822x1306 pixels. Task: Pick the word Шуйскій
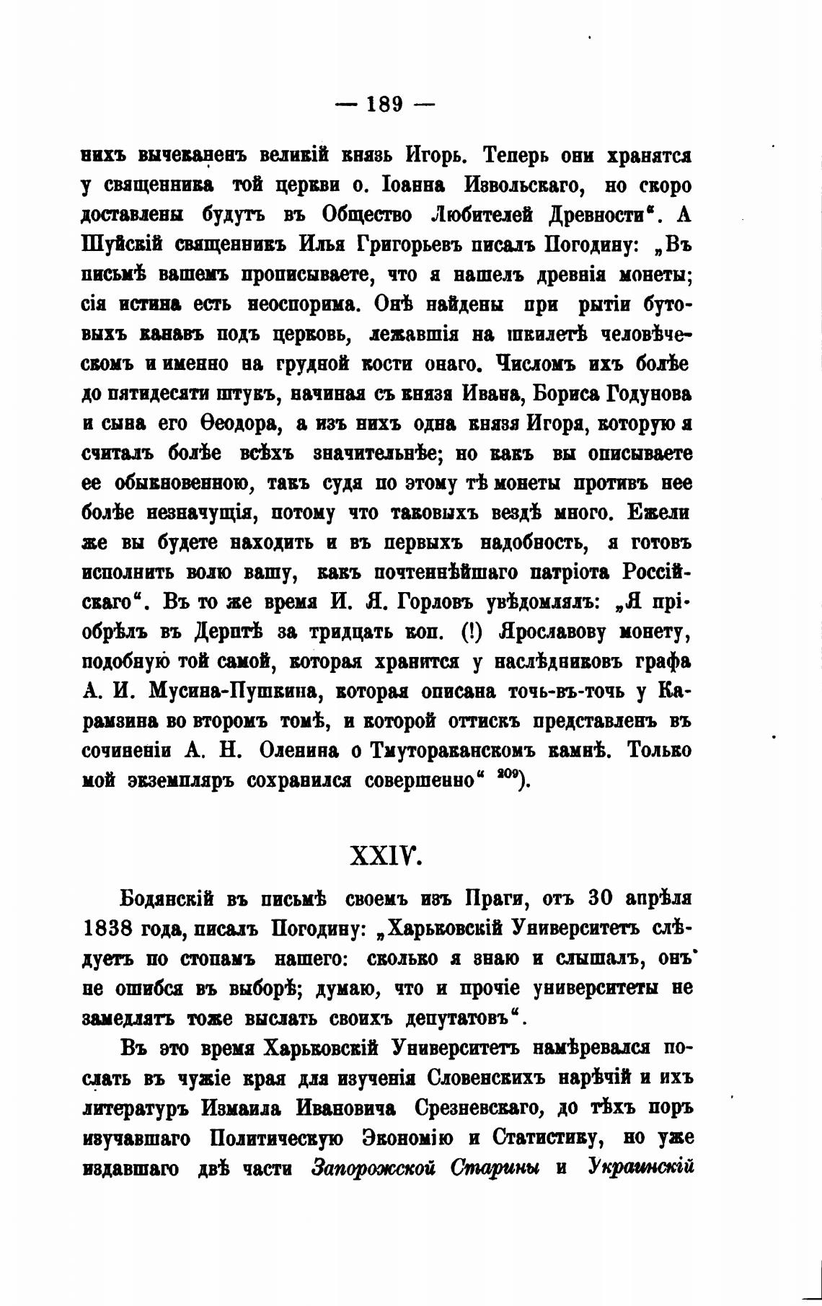click(122, 245)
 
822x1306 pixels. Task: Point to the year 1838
click(105, 929)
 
